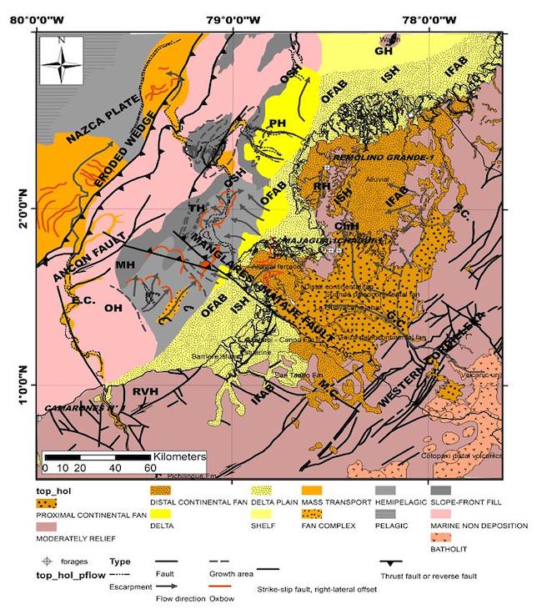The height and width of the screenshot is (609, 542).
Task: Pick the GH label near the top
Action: click(x=384, y=51)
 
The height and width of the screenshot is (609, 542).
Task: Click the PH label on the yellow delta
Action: click(x=277, y=123)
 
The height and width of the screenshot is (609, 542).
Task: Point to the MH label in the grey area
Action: click(x=125, y=264)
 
